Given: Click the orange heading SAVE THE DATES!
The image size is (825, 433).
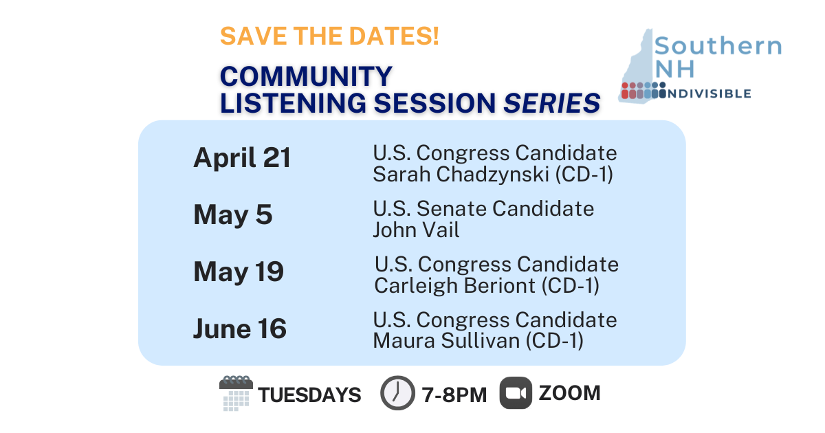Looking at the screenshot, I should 329,36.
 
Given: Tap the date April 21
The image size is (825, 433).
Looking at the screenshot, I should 242,159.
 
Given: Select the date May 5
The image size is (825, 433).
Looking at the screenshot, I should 233,215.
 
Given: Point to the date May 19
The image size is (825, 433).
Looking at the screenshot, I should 239,272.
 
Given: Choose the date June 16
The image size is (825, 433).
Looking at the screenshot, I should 240,329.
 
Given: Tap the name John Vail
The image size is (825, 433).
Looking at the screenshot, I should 416,230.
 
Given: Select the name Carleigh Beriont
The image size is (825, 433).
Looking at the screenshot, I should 454,285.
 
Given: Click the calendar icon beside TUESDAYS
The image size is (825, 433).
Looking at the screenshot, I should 236,394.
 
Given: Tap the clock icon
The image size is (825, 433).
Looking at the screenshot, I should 397,394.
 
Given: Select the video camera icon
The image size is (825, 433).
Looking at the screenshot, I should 516,394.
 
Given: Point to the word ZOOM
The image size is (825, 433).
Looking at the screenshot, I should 569,393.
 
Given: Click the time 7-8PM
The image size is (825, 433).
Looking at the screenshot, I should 454,395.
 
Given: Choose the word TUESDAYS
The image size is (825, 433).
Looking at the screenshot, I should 309,395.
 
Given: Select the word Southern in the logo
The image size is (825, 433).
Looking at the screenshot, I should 718,46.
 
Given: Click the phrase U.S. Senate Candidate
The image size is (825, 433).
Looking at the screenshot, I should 483,208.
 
